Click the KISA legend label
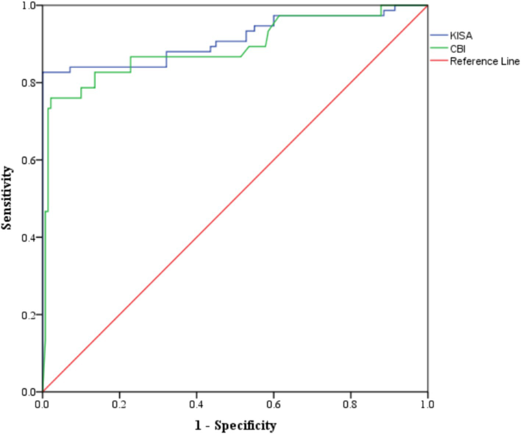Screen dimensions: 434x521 (x=461, y=36)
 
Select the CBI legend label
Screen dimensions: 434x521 (x=458, y=49)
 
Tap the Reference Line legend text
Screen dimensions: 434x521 (x=485, y=61)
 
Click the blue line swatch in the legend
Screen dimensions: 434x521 (x=439, y=35)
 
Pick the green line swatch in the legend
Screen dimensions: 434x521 (x=439, y=48)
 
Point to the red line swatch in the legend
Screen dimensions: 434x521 (x=439, y=60)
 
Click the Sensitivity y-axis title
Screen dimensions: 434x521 (x=7, y=198)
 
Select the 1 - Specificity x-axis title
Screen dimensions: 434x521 (x=235, y=425)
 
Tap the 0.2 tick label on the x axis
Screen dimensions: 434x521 (x=119, y=404)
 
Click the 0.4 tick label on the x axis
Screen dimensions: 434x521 (x=196, y=404)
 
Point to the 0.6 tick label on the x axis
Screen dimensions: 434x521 (x=273, y=404)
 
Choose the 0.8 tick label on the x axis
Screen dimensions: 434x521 (x=350, y=404)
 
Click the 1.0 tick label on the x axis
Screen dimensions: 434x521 (x=427, y=404)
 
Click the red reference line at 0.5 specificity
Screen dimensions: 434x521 (x=235, y=199)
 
